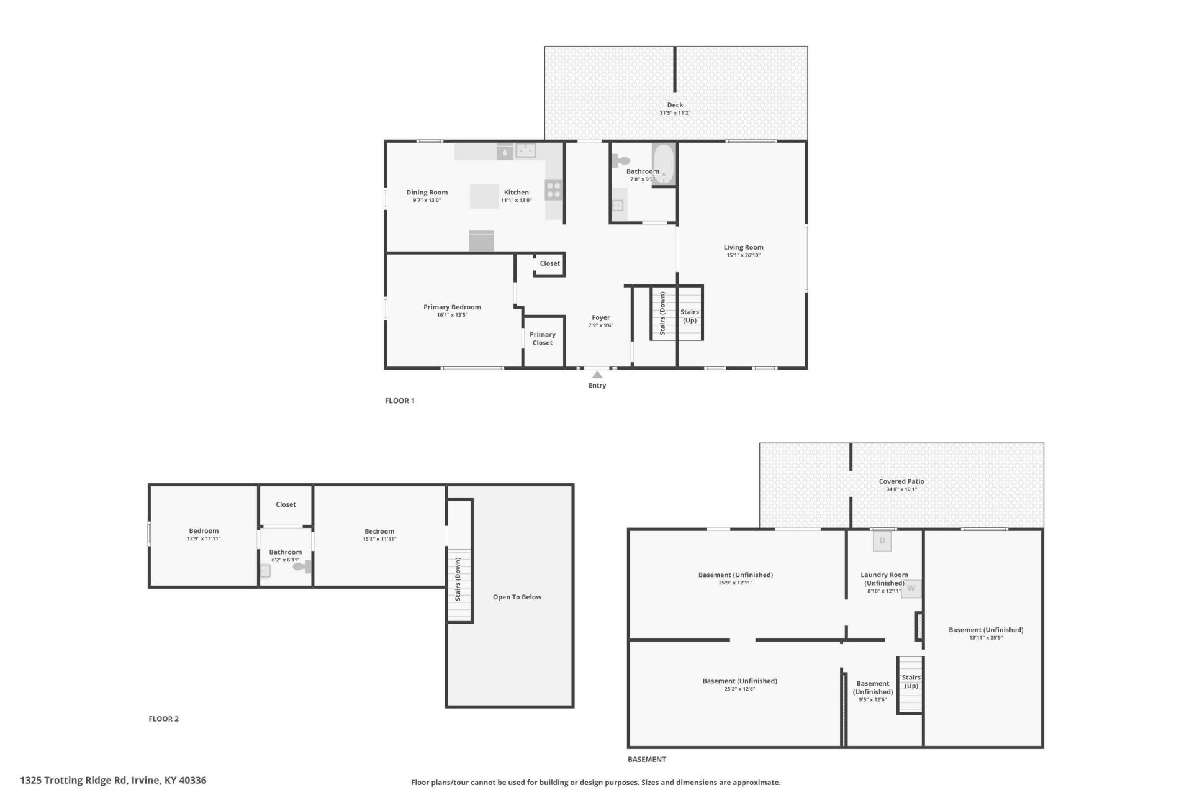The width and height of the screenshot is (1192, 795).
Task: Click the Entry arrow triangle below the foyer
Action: click(597, 375)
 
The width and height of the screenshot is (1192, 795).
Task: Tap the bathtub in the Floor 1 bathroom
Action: click(664, 165)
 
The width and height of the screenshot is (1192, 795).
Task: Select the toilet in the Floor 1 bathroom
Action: click(621, 161)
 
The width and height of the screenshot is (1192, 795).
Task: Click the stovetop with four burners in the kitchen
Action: click(554, 190)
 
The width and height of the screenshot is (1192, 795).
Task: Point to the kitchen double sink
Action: click(526, 150)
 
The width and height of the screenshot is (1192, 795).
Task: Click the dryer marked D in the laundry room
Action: click(882, 541)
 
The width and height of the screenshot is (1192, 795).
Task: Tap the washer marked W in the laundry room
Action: click(911, 588)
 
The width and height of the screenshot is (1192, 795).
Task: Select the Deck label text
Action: click(675, 105)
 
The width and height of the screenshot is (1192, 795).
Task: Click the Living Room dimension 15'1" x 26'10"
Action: click(743, 255)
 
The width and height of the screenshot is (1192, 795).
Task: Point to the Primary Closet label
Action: click(543, 338)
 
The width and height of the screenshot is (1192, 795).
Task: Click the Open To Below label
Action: click(517, 597)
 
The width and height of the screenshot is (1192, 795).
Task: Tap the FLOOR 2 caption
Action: click(163, 719)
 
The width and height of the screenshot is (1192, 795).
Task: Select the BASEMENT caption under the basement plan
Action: click(646, 759)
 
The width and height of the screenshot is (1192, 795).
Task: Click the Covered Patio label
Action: click(901, 481)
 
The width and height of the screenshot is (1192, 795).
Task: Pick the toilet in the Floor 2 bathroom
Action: click(302, 566)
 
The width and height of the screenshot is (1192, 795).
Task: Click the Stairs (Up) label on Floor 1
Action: click(690, 316)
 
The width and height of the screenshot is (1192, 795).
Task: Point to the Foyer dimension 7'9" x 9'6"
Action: click(600, 325)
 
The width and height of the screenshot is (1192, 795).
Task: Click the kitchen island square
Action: click(484, 196)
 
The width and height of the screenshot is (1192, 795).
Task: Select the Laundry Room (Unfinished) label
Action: click(884, 579)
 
